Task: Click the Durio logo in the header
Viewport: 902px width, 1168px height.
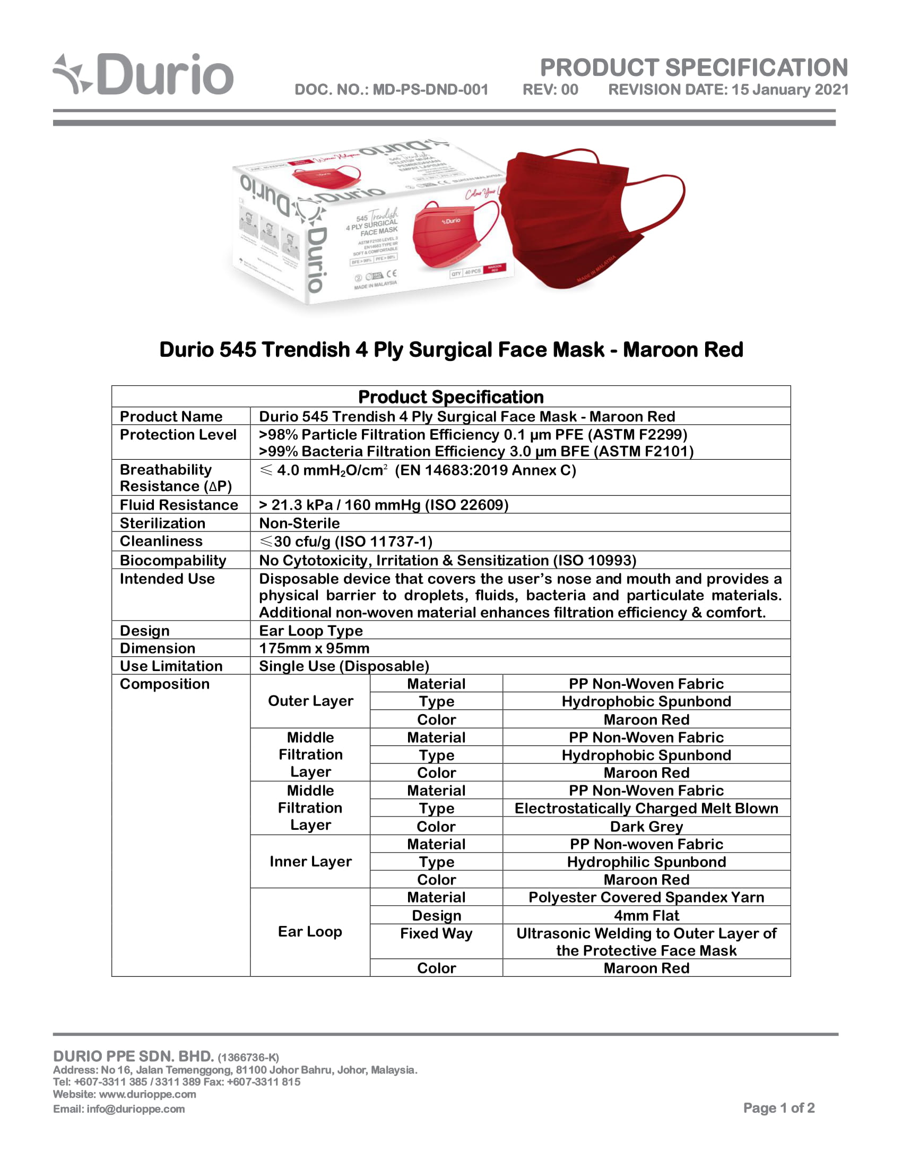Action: click(x=143, y=75)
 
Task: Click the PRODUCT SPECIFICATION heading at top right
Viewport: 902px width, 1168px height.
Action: click(x=693, y=68)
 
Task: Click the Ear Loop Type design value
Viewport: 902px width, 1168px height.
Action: click(x=310, y=631)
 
